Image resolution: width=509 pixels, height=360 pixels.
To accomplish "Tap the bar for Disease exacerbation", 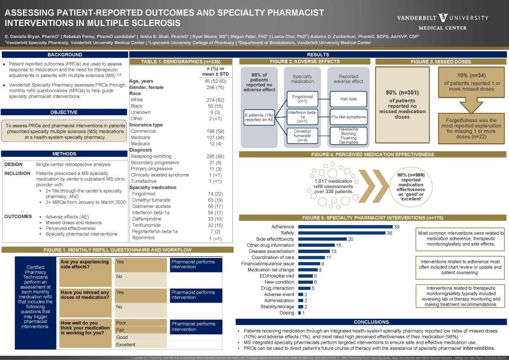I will tap(314, 251).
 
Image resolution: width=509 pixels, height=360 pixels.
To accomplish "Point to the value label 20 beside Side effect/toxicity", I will tap(351, 239).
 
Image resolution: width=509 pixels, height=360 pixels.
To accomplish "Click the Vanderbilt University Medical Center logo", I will tap(443, 21).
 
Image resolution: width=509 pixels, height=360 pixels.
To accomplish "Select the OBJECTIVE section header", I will tap(64, 112).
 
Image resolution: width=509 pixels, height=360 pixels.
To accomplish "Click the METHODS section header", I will tap(64, 154).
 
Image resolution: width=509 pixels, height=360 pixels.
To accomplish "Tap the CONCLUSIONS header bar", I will tap(371, 322).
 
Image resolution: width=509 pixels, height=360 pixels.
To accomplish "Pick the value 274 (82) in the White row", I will tap(215, 100).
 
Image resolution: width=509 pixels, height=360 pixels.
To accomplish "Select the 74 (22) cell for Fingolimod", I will tap(215, 194).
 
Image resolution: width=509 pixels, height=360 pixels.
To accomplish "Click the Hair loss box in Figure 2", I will tap(348, 98).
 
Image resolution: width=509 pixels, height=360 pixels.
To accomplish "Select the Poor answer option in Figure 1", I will tap(139, 322).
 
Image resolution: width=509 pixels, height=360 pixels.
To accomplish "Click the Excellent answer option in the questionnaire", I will tap(139, 345).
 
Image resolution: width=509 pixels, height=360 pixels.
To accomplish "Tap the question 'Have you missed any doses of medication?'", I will tap(85, 295).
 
